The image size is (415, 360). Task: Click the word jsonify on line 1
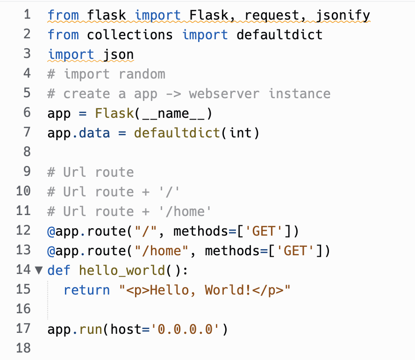coord(343,15)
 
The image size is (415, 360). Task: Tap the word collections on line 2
coord(129,35)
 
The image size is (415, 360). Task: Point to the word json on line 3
coord(118,55)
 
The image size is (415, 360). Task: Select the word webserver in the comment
coord(224,94)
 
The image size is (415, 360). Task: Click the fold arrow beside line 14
coord(39,270)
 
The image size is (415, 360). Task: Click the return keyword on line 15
coord(86,290)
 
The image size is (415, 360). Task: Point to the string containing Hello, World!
coord(204,290)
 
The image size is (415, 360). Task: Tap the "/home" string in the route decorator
coord(161,251)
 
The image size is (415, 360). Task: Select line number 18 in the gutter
coord(23,348)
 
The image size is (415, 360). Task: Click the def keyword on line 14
coord(59,270)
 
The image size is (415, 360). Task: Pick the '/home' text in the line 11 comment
coord(185,211)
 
